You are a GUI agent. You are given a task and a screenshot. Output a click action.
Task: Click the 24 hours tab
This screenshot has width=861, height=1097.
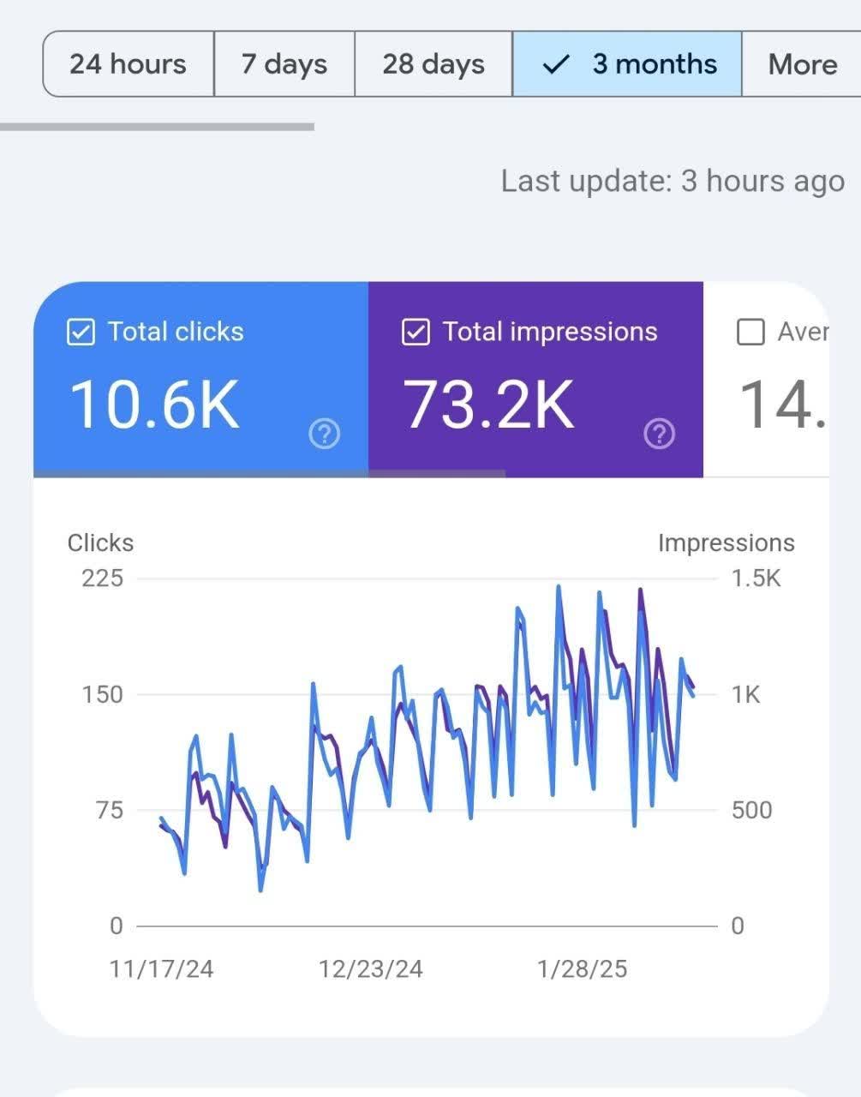point(128,64)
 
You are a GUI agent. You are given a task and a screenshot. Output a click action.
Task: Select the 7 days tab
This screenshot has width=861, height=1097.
point(284,64)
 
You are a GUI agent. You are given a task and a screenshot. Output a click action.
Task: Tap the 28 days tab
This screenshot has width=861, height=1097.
point(433,64)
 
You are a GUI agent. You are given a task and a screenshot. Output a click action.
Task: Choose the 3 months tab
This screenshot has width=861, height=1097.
point(627,64)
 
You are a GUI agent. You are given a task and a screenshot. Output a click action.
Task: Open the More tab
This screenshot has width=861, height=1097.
point(802,64)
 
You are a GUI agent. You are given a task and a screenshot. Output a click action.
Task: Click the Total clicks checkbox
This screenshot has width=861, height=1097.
point(81,333)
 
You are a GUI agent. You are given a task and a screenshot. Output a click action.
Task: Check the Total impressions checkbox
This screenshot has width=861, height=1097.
point(416,333)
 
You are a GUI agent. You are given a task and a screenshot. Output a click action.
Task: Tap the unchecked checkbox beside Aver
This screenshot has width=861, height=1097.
point(750,333)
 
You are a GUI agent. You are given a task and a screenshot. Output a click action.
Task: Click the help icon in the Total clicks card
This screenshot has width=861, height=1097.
point(324,435)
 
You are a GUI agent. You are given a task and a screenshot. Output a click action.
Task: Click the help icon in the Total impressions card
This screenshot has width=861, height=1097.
point(659,435)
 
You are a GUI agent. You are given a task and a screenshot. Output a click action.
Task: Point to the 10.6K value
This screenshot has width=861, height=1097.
point(154,405)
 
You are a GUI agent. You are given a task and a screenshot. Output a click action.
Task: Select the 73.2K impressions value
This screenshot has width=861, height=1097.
point(488,405)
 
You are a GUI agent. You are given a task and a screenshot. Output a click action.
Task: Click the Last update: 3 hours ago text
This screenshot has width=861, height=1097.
point(673,182)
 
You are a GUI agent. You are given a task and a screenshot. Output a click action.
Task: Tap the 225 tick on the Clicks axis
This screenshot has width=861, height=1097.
point(102,578)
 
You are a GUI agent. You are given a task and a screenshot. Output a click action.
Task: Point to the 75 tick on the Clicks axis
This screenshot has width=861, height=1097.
point(110,810)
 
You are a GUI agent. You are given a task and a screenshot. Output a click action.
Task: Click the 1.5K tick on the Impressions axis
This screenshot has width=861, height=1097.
point(756,578)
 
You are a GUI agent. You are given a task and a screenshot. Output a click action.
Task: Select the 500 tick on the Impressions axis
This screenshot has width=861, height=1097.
point(751,810)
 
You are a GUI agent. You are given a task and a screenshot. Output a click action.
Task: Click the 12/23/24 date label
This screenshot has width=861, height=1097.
point(371,969)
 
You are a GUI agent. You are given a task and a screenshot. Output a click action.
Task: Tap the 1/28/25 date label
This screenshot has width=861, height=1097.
point(582,969)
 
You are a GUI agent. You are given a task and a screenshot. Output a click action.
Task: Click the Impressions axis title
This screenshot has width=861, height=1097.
point(726,543)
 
